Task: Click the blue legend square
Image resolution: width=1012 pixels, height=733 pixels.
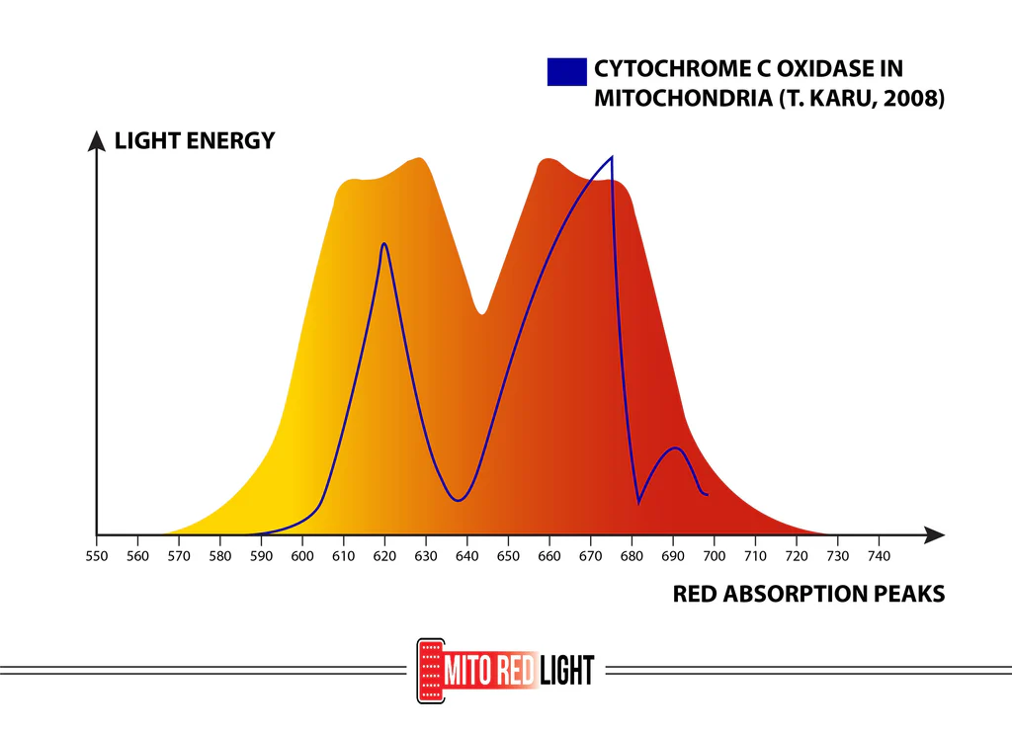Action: (x=566, y=71)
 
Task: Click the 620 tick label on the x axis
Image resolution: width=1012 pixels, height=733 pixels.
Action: (x=384, y=556)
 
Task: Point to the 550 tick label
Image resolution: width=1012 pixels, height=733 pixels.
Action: (x=97, y=556)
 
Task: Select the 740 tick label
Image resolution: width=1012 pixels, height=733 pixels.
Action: (x=879, y=556)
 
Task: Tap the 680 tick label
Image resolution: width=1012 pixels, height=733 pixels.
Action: (x=632, y=556)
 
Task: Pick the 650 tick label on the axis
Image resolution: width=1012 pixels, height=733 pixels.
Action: (x=508, y=556)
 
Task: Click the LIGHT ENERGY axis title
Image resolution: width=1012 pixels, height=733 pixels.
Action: (x=195, y=140)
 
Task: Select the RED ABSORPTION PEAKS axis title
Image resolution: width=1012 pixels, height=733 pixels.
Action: (x=808, y=594)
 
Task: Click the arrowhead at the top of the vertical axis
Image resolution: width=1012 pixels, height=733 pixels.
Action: (x=97, y=140)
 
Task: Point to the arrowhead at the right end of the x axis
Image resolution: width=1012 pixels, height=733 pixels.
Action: (x=934, y=534)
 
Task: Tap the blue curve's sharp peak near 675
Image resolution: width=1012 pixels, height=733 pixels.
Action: (x=612, y=158)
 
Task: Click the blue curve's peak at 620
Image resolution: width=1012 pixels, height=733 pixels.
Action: (x=383, y=244)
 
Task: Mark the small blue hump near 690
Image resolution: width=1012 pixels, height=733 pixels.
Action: (x=676, y=448)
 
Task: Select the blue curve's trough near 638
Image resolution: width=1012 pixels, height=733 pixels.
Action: (x=458, y=500)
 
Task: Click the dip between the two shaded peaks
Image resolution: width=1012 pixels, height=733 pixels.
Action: (x=482, y=313)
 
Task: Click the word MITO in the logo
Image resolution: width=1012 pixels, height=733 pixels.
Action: (x=466, y=671)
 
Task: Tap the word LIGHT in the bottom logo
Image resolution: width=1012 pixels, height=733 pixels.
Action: (x=567, y=671)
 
